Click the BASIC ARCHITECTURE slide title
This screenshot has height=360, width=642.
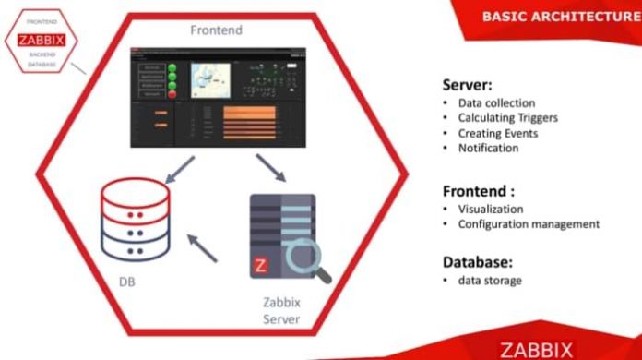[561, 16]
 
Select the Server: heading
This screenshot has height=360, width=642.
[469, 82]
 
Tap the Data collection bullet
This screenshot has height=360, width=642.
[496, 103]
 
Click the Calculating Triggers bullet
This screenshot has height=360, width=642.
[507, 118]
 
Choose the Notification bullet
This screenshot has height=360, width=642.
[488, 148]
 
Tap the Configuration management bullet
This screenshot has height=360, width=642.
[529, 223]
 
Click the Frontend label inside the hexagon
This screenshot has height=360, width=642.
[217, 30]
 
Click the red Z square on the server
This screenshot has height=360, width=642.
[261, 266]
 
